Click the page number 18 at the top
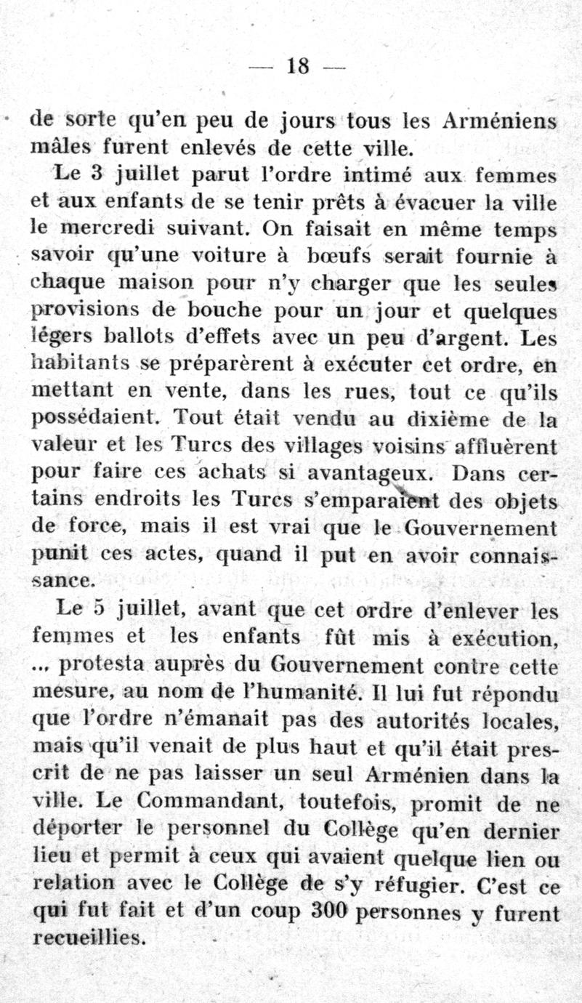coord(298,67)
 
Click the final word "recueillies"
coord(89,938)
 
